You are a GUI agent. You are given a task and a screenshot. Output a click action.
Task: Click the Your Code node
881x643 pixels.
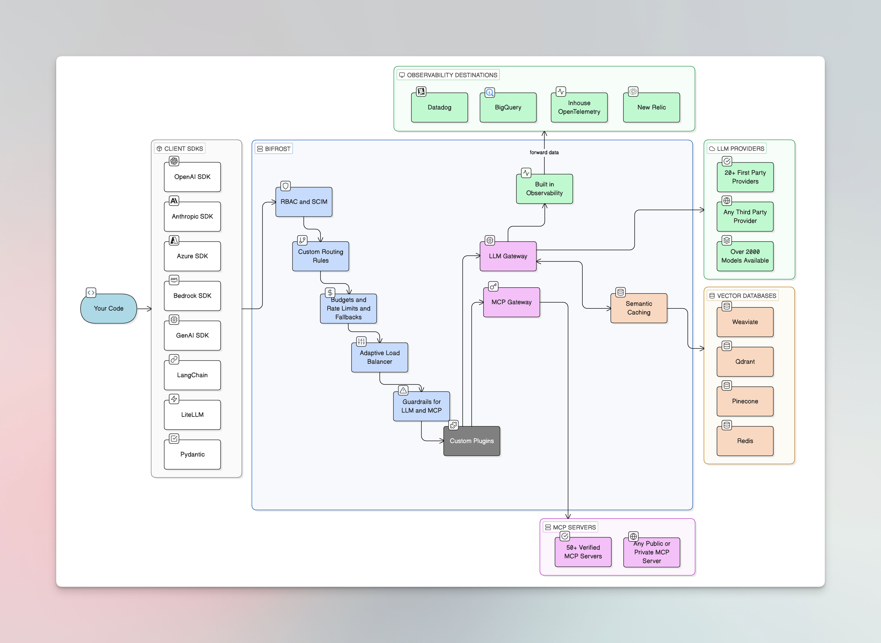[x=108, y=308]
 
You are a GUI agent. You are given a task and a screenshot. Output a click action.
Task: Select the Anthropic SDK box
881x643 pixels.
[x=192, y=216]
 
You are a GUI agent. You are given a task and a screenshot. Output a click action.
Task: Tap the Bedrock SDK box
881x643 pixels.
[x=192, y=296]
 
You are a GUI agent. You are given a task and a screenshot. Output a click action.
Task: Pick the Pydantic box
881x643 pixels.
[x=192, y=454]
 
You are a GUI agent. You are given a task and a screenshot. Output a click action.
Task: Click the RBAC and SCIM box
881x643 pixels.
[x=304, y=202]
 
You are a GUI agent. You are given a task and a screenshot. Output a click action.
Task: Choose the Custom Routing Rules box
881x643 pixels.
[x=320, y=256]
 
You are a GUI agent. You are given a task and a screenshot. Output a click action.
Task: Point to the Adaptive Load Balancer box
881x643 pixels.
[x=380, y=357]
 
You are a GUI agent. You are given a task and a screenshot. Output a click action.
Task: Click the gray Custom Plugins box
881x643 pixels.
[x=472, y=441]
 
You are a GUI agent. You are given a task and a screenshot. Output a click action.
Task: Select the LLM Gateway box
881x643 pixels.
[x=508, y=256]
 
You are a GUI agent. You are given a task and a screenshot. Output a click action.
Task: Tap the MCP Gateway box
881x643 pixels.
[x=511, y=302]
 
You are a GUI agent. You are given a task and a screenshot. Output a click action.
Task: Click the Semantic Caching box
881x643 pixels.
[x=639, y=308]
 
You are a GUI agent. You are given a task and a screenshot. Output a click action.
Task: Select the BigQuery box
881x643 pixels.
[x=508, y=108]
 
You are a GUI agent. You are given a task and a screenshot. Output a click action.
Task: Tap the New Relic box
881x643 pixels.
[x=652, y=108]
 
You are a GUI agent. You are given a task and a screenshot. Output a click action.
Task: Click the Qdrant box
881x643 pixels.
[x=745, y=362]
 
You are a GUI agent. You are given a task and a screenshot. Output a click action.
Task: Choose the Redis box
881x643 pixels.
[x=745, y=441]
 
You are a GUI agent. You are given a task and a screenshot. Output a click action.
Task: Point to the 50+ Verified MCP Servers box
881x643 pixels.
[x=583, y=552]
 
